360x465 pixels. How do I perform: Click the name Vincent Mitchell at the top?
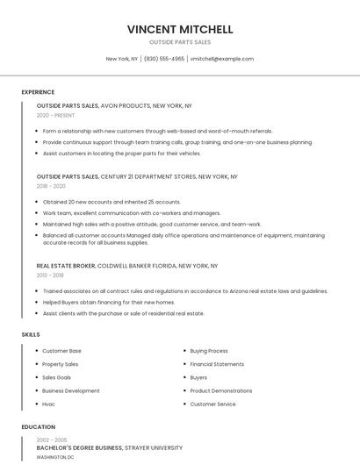[179, 29]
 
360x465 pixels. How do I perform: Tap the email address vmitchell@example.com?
[221, 59]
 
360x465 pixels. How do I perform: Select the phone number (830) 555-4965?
[164, 59]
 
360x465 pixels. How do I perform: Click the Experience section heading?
[38, 92]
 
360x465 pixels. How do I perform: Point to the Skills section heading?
[31, 334]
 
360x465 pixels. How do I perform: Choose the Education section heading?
[37, 427]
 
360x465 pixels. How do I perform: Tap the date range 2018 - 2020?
[51, 186]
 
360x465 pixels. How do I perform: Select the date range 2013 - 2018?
[50, 275]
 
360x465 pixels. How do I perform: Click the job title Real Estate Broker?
[66, 265]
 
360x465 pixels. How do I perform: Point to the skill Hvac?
[48, 404]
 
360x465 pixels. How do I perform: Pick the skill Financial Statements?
[217, 364]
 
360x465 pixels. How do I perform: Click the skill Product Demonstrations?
[220, 390]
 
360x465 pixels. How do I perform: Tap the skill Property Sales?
[60, 364]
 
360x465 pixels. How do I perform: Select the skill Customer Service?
[212, 404]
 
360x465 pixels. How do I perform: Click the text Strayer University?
[154, 447]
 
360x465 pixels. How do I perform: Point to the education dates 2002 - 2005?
[52, 440]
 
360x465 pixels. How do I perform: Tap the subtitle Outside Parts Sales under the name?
[179, 42]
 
